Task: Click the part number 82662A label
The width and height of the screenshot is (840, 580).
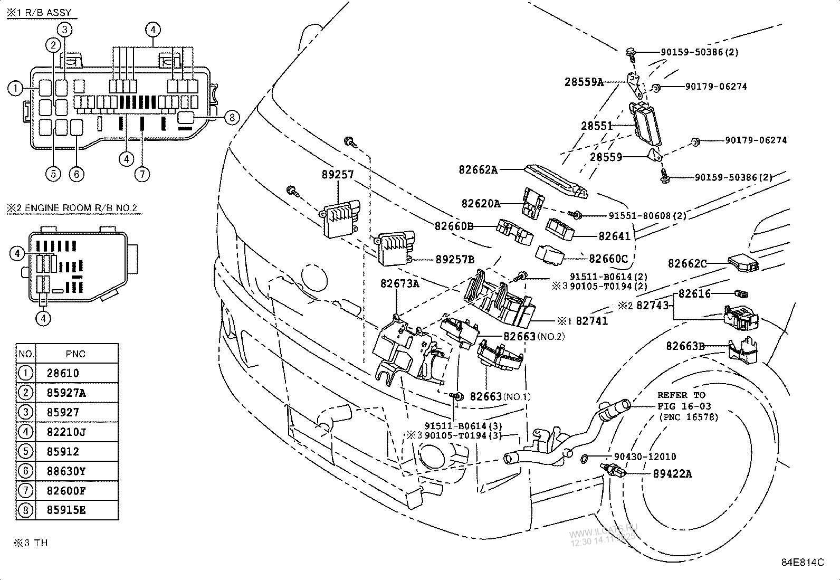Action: click(x=478, y=170)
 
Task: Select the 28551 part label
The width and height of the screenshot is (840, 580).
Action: click(x=597, y=126)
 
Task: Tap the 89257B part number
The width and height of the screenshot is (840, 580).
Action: click(x=455, y=259)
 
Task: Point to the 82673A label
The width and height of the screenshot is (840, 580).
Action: click(x=399, y=283)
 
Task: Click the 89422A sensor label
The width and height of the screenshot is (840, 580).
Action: click(x=672, y=474)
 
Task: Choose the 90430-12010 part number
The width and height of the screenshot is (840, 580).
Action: click(x=645, y=457)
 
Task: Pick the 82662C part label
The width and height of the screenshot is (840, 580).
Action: click(x=687, y=263)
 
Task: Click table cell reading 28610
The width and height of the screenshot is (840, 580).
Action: click(x=63, y=373)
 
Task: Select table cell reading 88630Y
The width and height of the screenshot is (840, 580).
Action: click(x=66, y=471)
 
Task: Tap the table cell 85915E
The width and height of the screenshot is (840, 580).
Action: click(x=66, y=510)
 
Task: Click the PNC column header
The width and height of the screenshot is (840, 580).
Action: click(x=75, y=354)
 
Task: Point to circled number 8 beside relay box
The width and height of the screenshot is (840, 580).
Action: click(x=232, y=118)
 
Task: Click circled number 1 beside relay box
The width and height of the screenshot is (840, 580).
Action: click(x=15, y=89)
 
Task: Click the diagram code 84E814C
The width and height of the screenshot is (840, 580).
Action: click(x=803, y=562)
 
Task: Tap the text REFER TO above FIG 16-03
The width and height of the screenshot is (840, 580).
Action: click(x=681, y=395)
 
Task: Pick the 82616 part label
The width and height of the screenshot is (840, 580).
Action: click(x=694, y=293)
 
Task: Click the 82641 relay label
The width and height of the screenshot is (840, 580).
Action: click(x=614, y=237)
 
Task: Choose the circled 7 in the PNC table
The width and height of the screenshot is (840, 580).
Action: click(x=25, y=490)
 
